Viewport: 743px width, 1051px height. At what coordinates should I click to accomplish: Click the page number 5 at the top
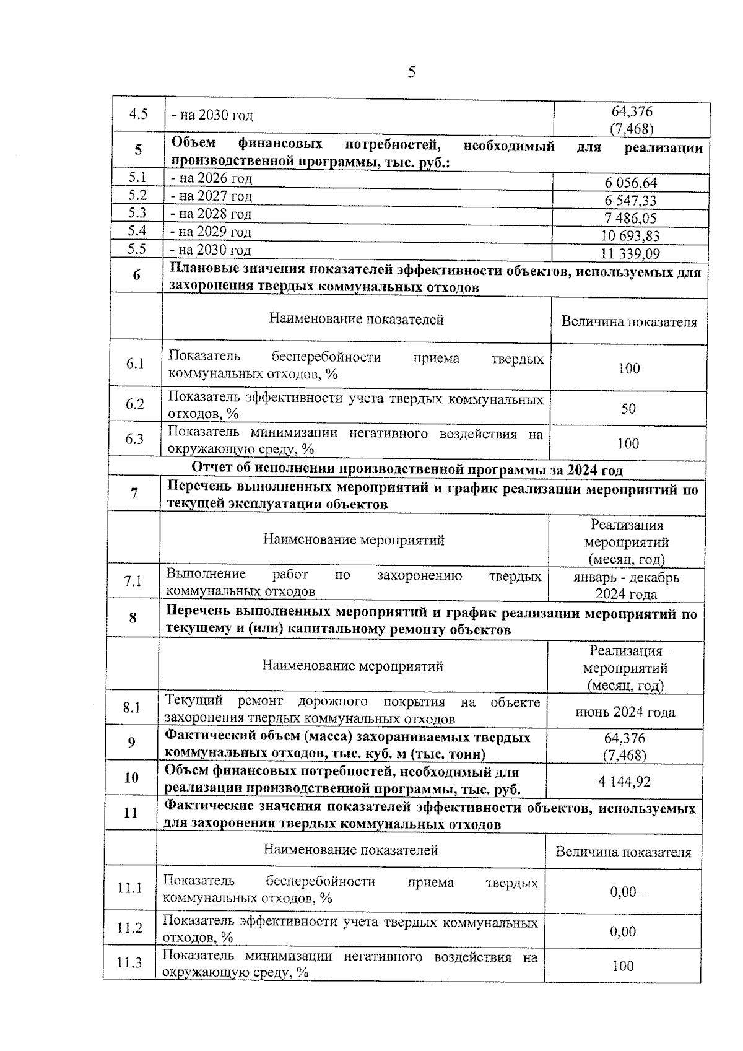pos(412,72)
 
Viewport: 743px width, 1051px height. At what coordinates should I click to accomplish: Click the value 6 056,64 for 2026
pos(630,183)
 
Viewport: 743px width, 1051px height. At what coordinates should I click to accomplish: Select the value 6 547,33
pos(630,201)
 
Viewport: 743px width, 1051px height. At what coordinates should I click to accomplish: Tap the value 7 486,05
pos(630,219)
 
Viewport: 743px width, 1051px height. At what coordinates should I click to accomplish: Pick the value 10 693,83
pos(630,236)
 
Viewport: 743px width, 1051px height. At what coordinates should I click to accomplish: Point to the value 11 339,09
pos(630,254)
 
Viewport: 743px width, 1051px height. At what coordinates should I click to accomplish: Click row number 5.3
pos(137,213)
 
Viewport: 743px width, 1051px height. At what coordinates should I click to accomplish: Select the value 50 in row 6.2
pos(628,409)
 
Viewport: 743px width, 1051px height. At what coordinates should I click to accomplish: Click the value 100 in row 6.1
pos(628,369)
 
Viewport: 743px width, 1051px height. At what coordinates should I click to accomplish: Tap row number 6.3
pos(134,439)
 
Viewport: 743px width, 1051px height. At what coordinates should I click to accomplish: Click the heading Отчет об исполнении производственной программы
pos(407,469)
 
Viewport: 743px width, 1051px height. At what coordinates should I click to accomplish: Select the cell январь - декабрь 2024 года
pos(626,585)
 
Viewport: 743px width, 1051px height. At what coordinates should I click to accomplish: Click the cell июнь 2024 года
pos(625,712)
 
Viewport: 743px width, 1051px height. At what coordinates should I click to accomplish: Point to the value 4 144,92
pos(624,782)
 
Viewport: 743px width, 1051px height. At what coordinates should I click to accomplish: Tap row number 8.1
pos(132,707)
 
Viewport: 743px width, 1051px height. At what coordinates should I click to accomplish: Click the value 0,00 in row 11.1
pos(623,892)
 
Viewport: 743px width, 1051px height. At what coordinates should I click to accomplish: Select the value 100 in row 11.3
pos(623,966)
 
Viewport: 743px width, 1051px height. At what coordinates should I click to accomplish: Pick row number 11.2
pos(130,928)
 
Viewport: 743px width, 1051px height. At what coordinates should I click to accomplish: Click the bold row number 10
pos(131,778)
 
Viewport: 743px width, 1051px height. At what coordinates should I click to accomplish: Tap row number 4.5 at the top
pos(138,114)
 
